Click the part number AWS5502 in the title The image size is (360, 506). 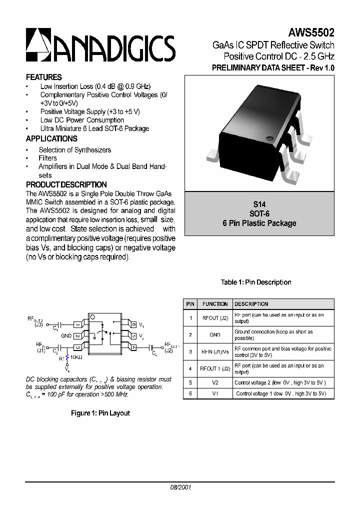click(311, 32)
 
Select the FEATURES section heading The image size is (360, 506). click(44, 77)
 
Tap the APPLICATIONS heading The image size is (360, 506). click(51, 139)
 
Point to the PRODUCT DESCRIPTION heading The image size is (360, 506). click(66, 184)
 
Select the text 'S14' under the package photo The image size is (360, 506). click(259, 204)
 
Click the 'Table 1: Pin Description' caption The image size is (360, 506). click(256, 282)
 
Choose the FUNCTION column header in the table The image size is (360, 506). click(215, 304)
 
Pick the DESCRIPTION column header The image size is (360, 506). click(251, 304)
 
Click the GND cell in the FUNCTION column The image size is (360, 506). click(215, 335)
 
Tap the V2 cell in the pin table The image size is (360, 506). click(215, 383)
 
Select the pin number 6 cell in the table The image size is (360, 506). click(190, 394)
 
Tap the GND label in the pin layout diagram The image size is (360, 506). click(66, 336)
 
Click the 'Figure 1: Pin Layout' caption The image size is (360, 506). click(100, 413)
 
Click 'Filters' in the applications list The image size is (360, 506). click(48, 158)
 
